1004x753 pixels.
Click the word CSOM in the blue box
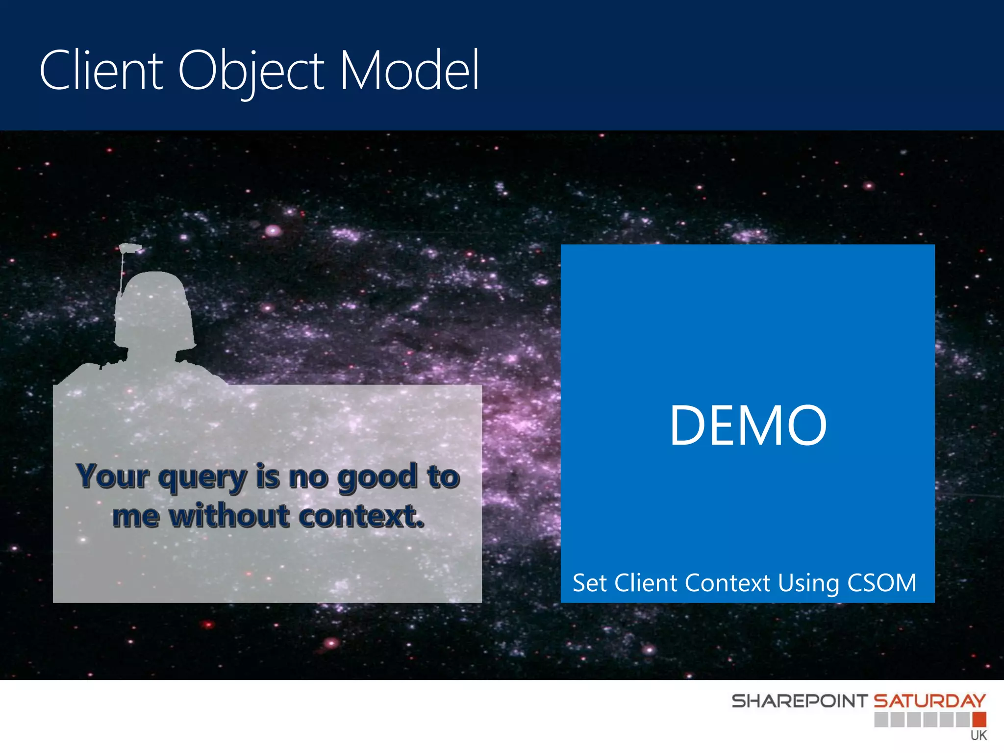point(881,583)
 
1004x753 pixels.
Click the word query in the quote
point(202,477)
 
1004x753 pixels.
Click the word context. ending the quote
point(361,516)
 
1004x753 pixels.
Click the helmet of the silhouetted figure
point(153,309)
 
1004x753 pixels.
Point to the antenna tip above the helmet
point(130,248)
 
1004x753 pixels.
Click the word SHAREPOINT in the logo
point(800,701)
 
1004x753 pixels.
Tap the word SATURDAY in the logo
point(929,701)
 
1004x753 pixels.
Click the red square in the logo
point(979,720)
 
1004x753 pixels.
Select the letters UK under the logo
point(978,735)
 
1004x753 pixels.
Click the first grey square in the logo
point(881,720)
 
